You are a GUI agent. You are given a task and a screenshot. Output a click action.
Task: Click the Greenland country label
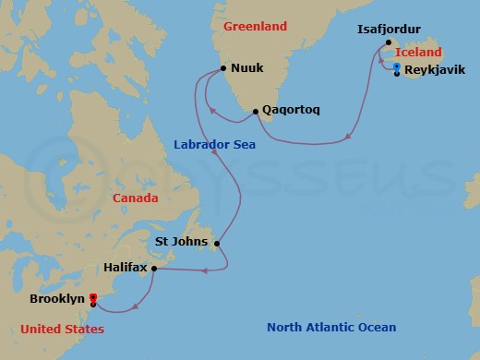pos(255,26)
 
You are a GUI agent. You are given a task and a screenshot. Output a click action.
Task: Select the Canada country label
pos(135,198)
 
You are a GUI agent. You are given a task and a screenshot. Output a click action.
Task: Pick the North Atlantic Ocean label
pos(331,327)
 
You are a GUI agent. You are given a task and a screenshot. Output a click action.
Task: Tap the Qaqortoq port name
pos(292,111)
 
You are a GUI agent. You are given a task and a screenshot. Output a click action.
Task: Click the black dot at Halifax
pos(153,269)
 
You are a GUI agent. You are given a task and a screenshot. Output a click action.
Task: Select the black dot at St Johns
pos(216,244)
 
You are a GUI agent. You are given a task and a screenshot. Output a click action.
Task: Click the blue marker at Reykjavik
pos(396,67)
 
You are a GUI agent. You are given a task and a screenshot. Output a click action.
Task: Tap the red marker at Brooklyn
pos(93,297)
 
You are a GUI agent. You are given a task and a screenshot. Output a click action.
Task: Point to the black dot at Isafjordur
pos(389,42)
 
